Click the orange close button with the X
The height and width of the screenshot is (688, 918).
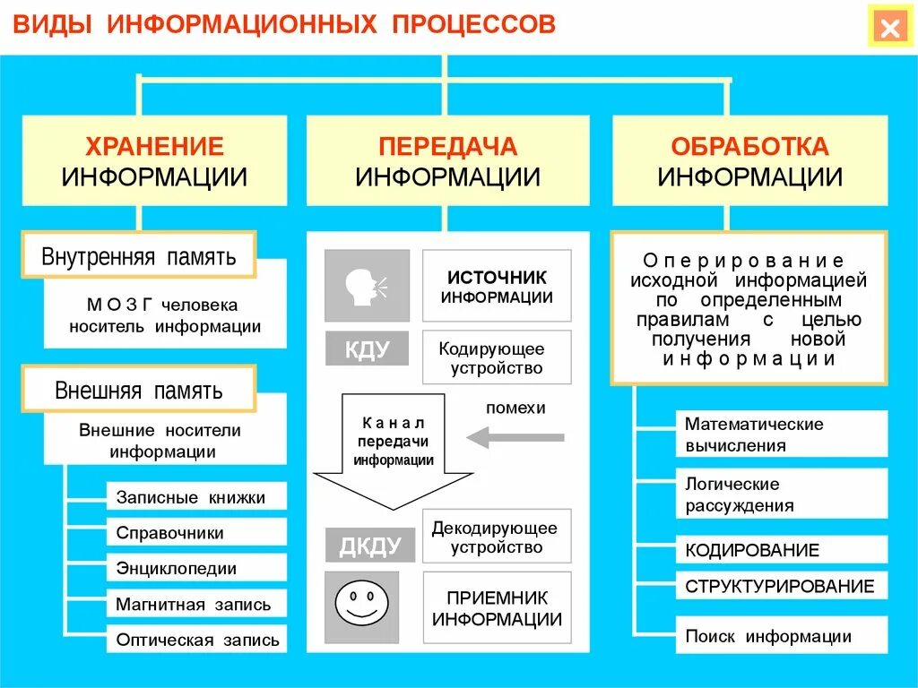point(889,28)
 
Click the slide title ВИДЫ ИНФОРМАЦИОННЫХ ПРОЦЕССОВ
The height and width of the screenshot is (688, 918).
point(283,24)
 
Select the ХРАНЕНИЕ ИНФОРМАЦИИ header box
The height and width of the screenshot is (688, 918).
point(154,161)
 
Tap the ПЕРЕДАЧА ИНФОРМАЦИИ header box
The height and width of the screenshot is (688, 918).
point(447,161)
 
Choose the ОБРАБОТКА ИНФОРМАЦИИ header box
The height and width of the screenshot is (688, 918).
point(749,161)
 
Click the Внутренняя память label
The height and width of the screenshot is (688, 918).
point(139,257)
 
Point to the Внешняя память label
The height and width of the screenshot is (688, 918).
point(139,391)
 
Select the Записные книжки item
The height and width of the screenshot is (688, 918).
point(196,496)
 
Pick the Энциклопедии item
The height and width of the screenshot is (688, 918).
point(196,568)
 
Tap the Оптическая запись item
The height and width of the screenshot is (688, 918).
point(196,640)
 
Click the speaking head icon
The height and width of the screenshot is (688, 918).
point(367,286)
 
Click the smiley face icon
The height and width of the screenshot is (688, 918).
point(367,601)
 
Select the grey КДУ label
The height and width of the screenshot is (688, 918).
point(367,348)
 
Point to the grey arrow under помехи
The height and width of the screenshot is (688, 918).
point(515,437)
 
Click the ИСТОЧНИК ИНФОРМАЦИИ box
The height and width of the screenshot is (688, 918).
point(497,286)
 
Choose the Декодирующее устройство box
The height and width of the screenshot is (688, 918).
point(497,537)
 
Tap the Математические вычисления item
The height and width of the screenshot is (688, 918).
point(781,434)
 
